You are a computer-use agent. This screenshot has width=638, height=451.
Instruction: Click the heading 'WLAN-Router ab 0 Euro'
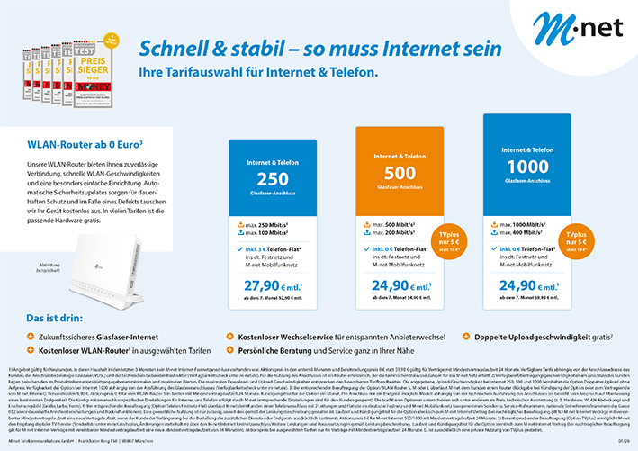(x=73, y=142)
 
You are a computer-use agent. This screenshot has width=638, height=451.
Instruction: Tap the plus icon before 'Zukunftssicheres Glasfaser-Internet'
(x=30, y=334)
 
